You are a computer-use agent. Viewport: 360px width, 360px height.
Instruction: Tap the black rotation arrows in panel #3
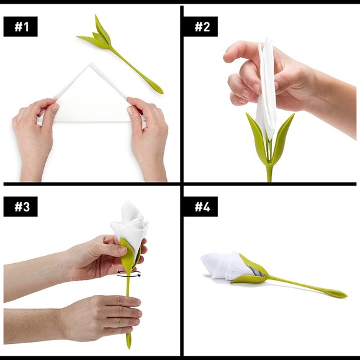click(x=129, y=273)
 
